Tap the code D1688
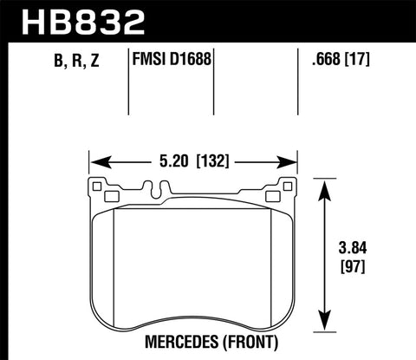pyautogui.click(x=191, y=62)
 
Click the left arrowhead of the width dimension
pyautogui.click(x=98, y=160)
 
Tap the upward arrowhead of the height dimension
pyautogui.click(x=324, y=185)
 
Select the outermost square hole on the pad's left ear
pyautogui.click(x=97, y=186)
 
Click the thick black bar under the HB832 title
pyautogui.click(x=208, y=41)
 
